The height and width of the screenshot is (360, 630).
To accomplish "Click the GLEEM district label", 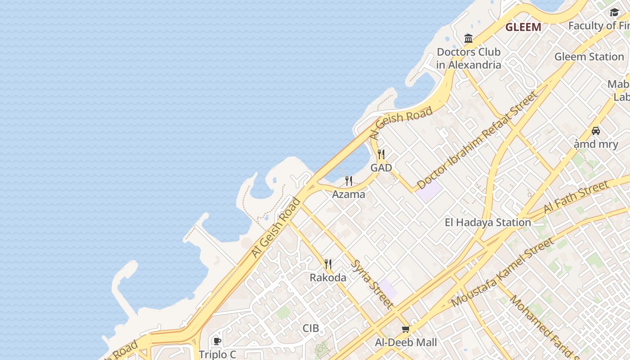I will coord(523,27).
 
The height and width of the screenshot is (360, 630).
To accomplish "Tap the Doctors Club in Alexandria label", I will coord(468,58).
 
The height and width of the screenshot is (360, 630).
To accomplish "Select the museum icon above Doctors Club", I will coord(468,39).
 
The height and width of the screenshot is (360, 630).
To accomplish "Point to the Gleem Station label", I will coord(589,57).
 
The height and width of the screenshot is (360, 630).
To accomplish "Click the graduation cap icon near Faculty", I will coord(614,13).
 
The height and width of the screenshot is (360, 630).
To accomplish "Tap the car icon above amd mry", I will coord(596,131).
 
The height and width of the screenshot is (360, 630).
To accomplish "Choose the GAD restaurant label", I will coord(381,168).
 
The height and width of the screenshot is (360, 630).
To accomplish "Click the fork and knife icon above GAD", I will coord(381,154).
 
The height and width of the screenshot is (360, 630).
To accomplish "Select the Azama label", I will coord(348,194).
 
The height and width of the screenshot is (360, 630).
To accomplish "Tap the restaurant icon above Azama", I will coord(349,181).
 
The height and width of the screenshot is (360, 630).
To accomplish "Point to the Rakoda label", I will coord(328,278).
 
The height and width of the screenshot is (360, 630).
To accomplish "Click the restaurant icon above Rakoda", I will coord(328,264).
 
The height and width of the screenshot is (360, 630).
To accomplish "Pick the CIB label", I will coord(310,328).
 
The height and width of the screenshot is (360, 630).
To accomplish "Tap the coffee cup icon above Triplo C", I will coord(217,341).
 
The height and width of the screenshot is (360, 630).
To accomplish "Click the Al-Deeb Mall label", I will coord(406,342).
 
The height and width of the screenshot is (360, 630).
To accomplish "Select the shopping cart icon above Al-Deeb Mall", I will coord(405,329).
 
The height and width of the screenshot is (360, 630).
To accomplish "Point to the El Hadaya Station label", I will coord(488,222).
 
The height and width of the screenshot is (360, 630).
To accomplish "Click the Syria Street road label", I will coord(372,284).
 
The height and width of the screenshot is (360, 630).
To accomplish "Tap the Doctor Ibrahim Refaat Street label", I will coord(477,140).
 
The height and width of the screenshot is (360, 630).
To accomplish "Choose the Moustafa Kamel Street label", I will coord(502,273).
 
